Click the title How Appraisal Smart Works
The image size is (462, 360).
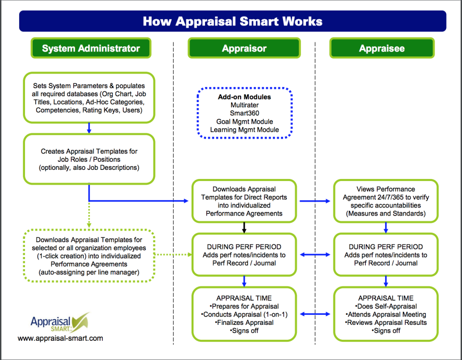(232, 21)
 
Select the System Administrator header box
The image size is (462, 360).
(90, 48)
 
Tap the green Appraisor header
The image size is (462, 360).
(244, 48)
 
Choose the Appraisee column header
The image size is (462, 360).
(382, 48)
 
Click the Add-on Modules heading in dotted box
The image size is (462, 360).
(244, 97)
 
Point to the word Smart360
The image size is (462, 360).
(244, 113)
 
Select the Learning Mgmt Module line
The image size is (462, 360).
(244, 129)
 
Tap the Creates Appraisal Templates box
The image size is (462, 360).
(89, 159)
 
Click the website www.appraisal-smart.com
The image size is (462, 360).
(60, 338)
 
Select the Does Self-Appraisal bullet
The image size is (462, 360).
(386, 306)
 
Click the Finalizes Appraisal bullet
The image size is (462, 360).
(245, 322)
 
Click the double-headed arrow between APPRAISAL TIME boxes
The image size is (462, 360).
(315, 314)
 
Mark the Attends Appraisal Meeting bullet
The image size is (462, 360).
(386, 314)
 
